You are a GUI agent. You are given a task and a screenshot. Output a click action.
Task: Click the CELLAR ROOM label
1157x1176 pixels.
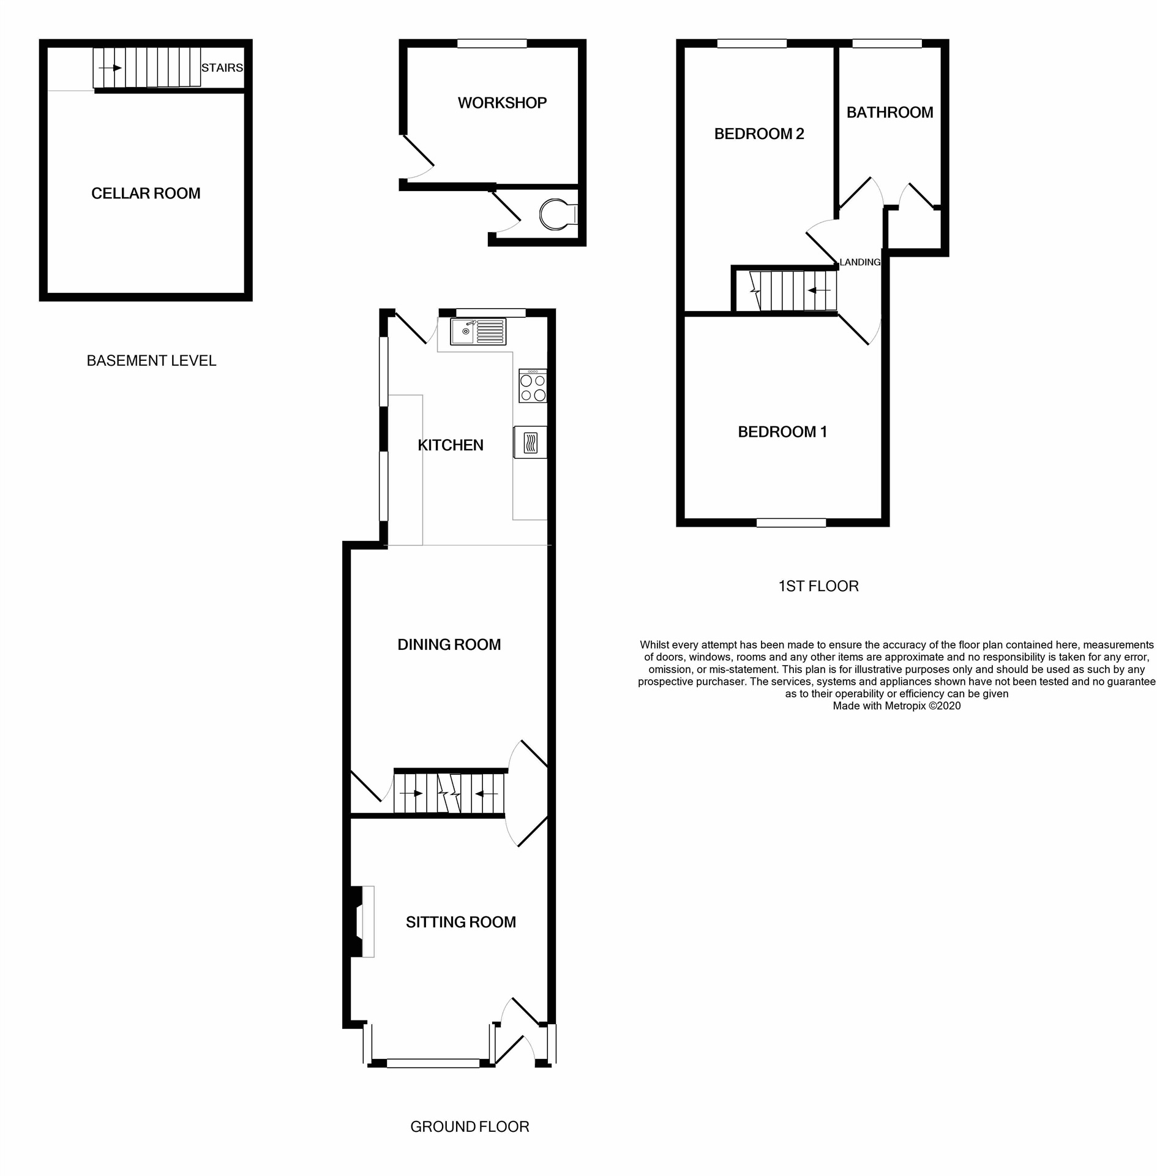146,194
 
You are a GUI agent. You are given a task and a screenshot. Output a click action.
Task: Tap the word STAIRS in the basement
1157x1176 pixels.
222,68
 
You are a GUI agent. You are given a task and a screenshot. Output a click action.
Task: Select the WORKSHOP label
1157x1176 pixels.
502,103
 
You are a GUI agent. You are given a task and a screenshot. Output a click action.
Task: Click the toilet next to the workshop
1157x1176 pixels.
556,214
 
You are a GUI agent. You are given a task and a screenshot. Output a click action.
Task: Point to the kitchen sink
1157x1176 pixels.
477,331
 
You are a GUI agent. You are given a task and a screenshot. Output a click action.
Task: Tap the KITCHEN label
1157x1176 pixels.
450,445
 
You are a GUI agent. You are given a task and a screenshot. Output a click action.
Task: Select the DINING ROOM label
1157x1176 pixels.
449,644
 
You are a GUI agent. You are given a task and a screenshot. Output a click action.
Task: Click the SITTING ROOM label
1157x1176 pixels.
460,922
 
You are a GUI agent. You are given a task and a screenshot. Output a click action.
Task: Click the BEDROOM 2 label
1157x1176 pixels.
758,134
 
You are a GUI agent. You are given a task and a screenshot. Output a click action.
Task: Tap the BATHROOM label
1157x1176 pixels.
889,113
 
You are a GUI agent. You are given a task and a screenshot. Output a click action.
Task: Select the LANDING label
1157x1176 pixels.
859,262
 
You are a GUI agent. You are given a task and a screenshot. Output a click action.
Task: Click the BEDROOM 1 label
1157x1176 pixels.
782,432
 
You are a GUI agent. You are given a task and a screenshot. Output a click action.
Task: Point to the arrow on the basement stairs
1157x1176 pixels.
110,68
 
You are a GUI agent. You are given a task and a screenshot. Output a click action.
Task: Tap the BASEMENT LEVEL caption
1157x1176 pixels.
151,361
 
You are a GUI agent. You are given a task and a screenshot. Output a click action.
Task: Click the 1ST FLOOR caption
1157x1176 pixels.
818,586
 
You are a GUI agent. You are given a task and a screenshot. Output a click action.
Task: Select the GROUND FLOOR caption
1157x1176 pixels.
469,1126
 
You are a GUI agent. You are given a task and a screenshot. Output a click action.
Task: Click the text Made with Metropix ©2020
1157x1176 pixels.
896,706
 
